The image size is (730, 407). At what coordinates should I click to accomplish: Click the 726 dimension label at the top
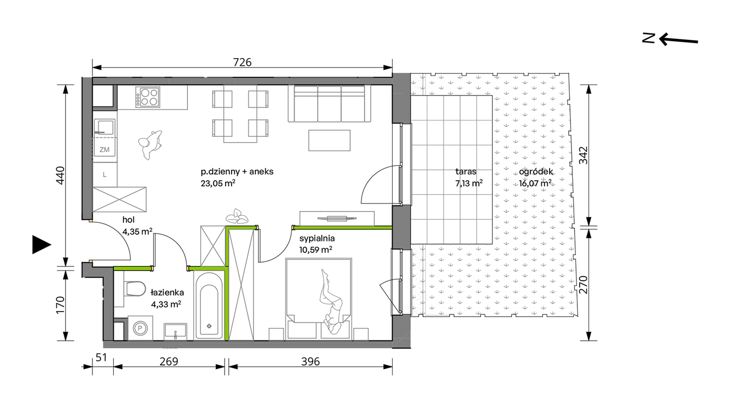(242, 62)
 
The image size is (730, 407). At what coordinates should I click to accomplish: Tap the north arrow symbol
(670, 39)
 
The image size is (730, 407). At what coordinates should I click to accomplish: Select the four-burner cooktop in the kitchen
(148, 97)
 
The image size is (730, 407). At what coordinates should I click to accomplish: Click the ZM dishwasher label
(105, 150)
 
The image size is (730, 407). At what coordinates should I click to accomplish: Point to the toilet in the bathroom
(135, 289)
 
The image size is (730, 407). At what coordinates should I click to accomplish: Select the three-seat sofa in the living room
(329, 104)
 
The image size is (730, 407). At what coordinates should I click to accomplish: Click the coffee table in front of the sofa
(329, 140)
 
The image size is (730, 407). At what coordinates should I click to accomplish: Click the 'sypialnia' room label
(317, 238)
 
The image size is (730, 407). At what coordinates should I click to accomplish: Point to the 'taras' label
(466, 172)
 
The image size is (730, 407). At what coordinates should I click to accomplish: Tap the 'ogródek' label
(536, 172)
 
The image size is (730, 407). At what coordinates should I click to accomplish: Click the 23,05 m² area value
(218, 183)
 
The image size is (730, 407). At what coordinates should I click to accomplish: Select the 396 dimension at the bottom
(310, 361)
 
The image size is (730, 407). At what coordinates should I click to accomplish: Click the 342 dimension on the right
(583, 155)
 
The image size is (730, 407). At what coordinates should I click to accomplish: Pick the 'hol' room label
(128, 220)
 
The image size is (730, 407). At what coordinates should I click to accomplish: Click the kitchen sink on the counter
(105, 127)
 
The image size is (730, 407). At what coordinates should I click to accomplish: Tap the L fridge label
(105, 175)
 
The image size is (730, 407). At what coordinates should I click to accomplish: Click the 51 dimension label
(101, 357)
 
